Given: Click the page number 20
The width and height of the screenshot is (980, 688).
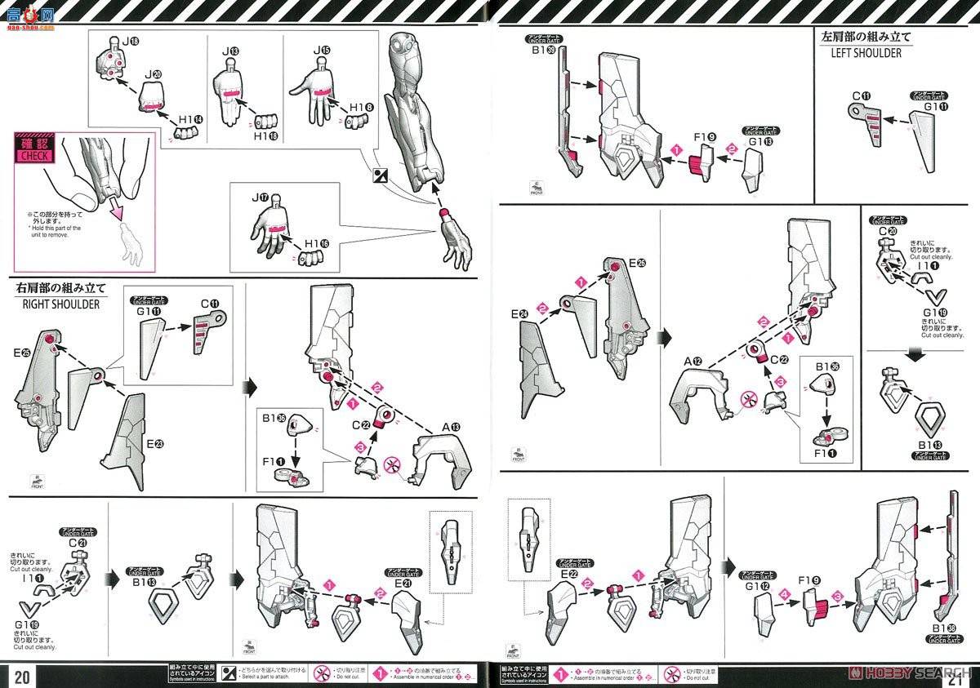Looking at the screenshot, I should coord(22,675).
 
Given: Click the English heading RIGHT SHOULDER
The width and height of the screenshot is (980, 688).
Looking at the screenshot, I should coord(57,304).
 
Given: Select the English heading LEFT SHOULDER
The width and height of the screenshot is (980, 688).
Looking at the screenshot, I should coord(866,53).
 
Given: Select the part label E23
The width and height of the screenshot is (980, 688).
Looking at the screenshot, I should coord(155,443).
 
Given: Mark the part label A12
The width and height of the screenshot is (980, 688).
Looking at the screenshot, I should coord(693,361).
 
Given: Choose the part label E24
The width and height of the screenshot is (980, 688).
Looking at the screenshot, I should coord(520,313).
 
